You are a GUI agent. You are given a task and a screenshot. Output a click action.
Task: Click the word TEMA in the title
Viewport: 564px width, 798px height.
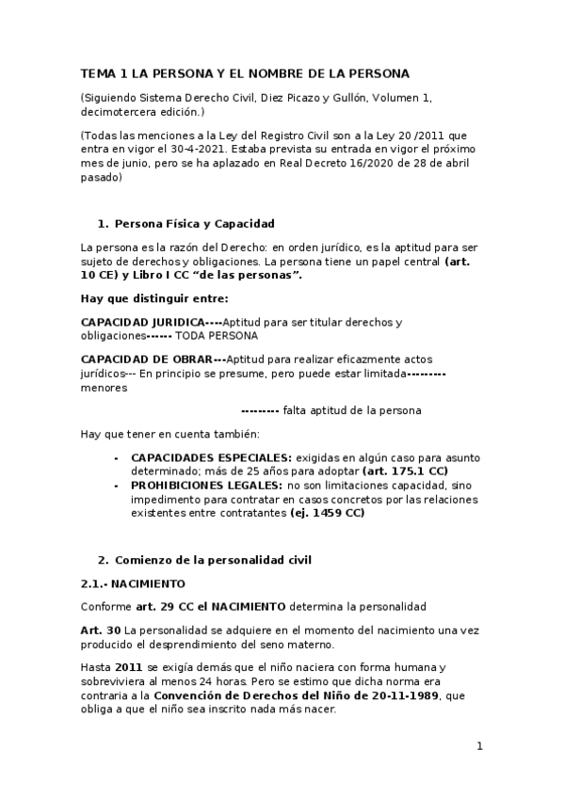[96, 72]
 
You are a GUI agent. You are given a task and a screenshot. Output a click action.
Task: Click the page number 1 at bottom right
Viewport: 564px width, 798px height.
[479, 747]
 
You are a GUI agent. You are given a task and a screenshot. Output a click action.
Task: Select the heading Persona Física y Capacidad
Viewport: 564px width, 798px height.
[193, 224]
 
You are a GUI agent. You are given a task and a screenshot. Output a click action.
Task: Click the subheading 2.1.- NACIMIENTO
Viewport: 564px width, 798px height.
[133, 583]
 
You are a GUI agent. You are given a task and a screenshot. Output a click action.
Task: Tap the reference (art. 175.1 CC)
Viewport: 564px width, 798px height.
[405, 470]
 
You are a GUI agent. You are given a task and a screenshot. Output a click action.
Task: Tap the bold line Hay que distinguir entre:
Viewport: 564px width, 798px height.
[154, 298]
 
